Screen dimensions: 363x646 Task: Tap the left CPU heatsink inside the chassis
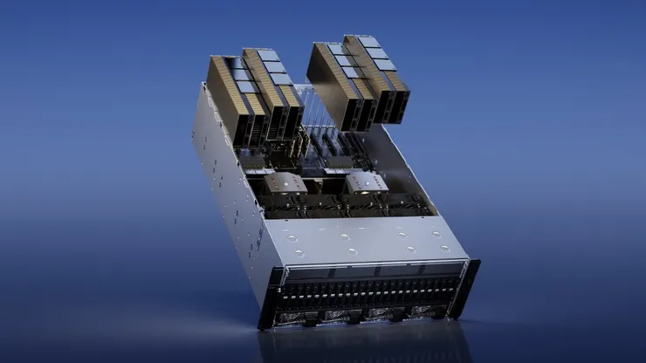pyautogui.click(x=286, y=184)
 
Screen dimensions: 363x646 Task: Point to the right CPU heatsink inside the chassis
pyautogui.click(x=367, y=183)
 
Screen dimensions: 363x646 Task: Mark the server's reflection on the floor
pyautogui.click(x=367, y=345)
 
